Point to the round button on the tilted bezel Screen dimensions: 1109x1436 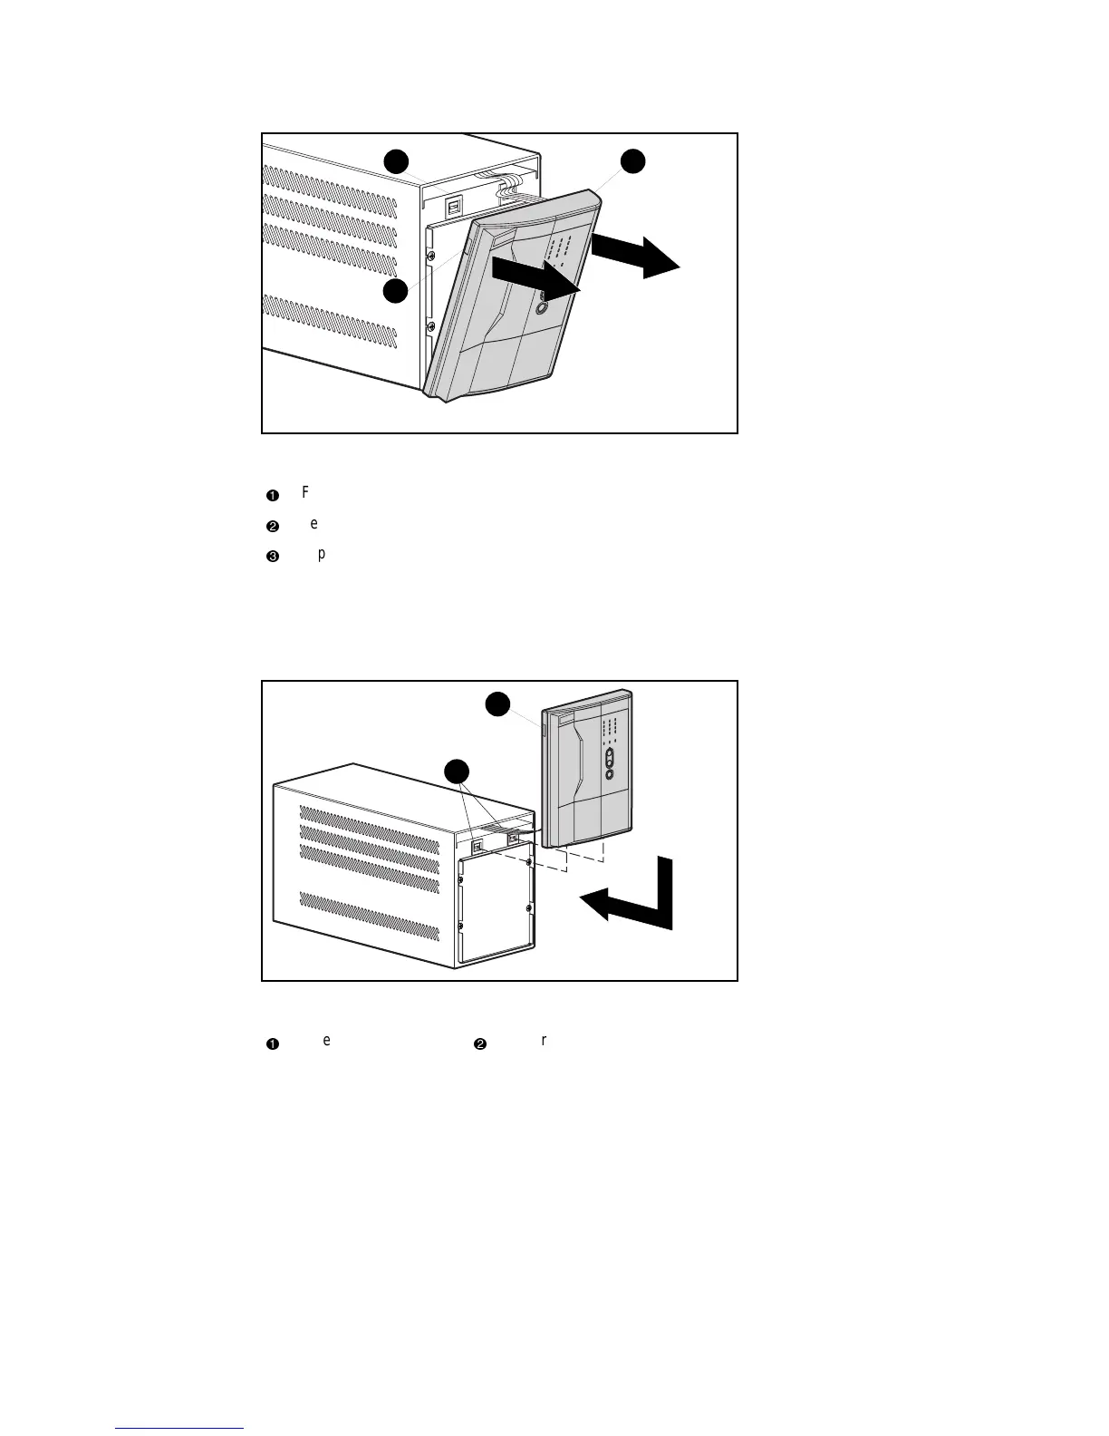click(x=541, y=307)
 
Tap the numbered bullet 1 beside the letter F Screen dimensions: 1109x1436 click(x=272, y=495)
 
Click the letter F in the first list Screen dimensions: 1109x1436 click(x=305, y=492)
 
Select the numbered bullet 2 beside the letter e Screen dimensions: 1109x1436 click(x=272, y=527)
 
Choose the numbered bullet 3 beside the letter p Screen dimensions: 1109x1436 click(x=272, y=558)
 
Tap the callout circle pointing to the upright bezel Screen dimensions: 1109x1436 click(x=497, y=704)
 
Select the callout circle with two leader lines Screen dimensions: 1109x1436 click(x=458, y=771)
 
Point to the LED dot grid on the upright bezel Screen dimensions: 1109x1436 click(x=609, y=728)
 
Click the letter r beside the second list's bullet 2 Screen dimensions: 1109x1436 click(x=544, y=1040)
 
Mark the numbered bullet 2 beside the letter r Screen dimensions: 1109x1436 click(x=480, y=1044)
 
